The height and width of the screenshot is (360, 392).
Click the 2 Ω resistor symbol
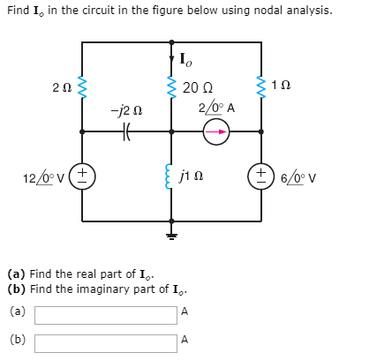(83, 87)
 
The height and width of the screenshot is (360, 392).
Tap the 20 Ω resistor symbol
(171, 87)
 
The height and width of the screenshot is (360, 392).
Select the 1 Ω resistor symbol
(260, 87)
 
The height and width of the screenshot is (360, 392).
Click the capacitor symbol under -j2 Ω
(126, 131)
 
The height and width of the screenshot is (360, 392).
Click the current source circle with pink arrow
(215, 131)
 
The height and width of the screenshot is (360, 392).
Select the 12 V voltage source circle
(83, 175)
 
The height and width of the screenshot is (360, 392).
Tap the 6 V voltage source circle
(260, 175)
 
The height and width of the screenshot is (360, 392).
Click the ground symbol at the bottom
(171, 236)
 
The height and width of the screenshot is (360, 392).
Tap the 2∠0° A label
(215, 108)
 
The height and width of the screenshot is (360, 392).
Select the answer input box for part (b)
(105, 340)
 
